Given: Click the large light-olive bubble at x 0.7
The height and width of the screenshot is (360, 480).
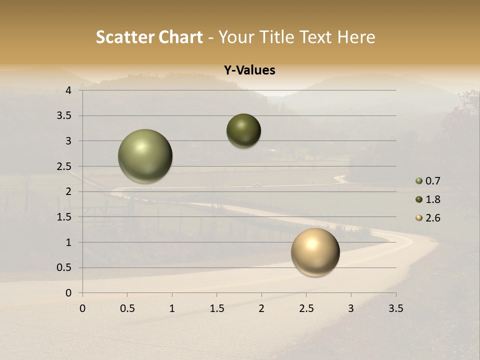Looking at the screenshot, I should pyautogui.click(x=145, y=156).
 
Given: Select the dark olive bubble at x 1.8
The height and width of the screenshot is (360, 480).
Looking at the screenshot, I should pyautogui.click(x=243, y=130).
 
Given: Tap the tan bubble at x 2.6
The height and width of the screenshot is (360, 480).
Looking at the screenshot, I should pyautogui.click(x=315, y=252).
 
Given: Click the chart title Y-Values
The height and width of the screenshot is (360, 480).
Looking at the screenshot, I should pyautogui.click(x=249, y=70).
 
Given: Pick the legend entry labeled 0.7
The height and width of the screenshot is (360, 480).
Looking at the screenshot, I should pyautogui.click(x=432, y=181).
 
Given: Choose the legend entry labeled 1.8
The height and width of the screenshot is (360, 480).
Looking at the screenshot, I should pyautogui.click(x=432, y=199).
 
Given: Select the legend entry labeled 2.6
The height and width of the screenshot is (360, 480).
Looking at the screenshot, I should pyautogui.click(x=432, y=218).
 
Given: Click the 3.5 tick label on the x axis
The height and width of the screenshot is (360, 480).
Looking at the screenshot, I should pyautogui.click(x=395, y=308).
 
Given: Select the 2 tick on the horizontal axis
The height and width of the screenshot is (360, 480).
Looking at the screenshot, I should pyautogui.click(x=261, y=308).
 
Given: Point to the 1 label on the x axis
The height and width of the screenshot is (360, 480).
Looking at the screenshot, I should pyautogui.click(x=172, y=308).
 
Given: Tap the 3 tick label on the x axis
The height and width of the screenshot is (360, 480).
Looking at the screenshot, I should pyautogui.click(x=351, y=308).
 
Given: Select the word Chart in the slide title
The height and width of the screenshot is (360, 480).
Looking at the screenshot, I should pyautogui.click(x=181, y=37).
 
